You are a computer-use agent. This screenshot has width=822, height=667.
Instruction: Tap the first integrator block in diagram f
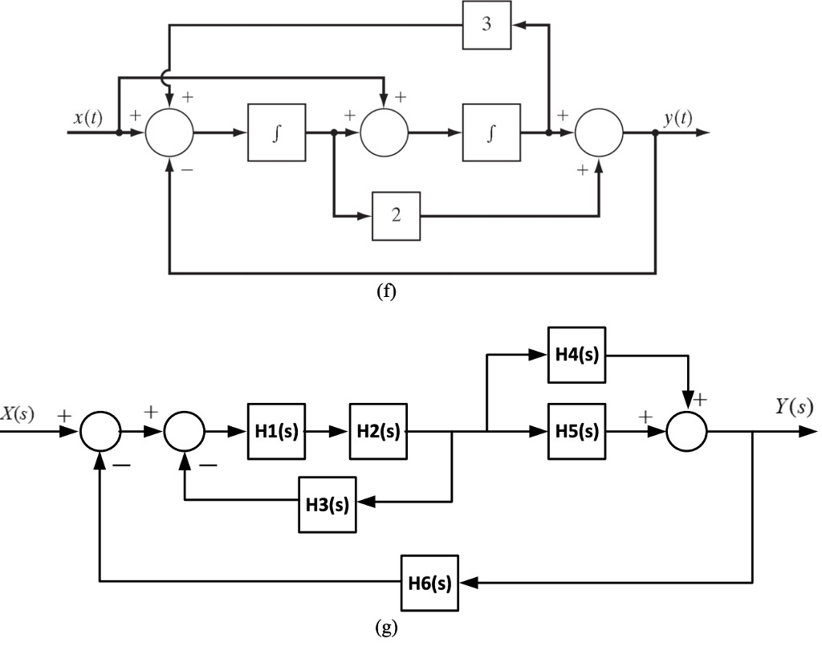pyautogui.click(x=277, y=130)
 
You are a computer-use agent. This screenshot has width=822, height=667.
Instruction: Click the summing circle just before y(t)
pyautogui.click(x=599, y=130)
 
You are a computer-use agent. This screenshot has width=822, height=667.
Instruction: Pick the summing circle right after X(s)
pyautogui.click(x=100, y=432)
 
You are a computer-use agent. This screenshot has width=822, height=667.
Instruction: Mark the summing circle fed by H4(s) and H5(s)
pyautogui.click(x=687, y=432)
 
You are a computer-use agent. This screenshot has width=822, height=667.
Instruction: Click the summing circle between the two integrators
pyautogui.click(x=385, y=130)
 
